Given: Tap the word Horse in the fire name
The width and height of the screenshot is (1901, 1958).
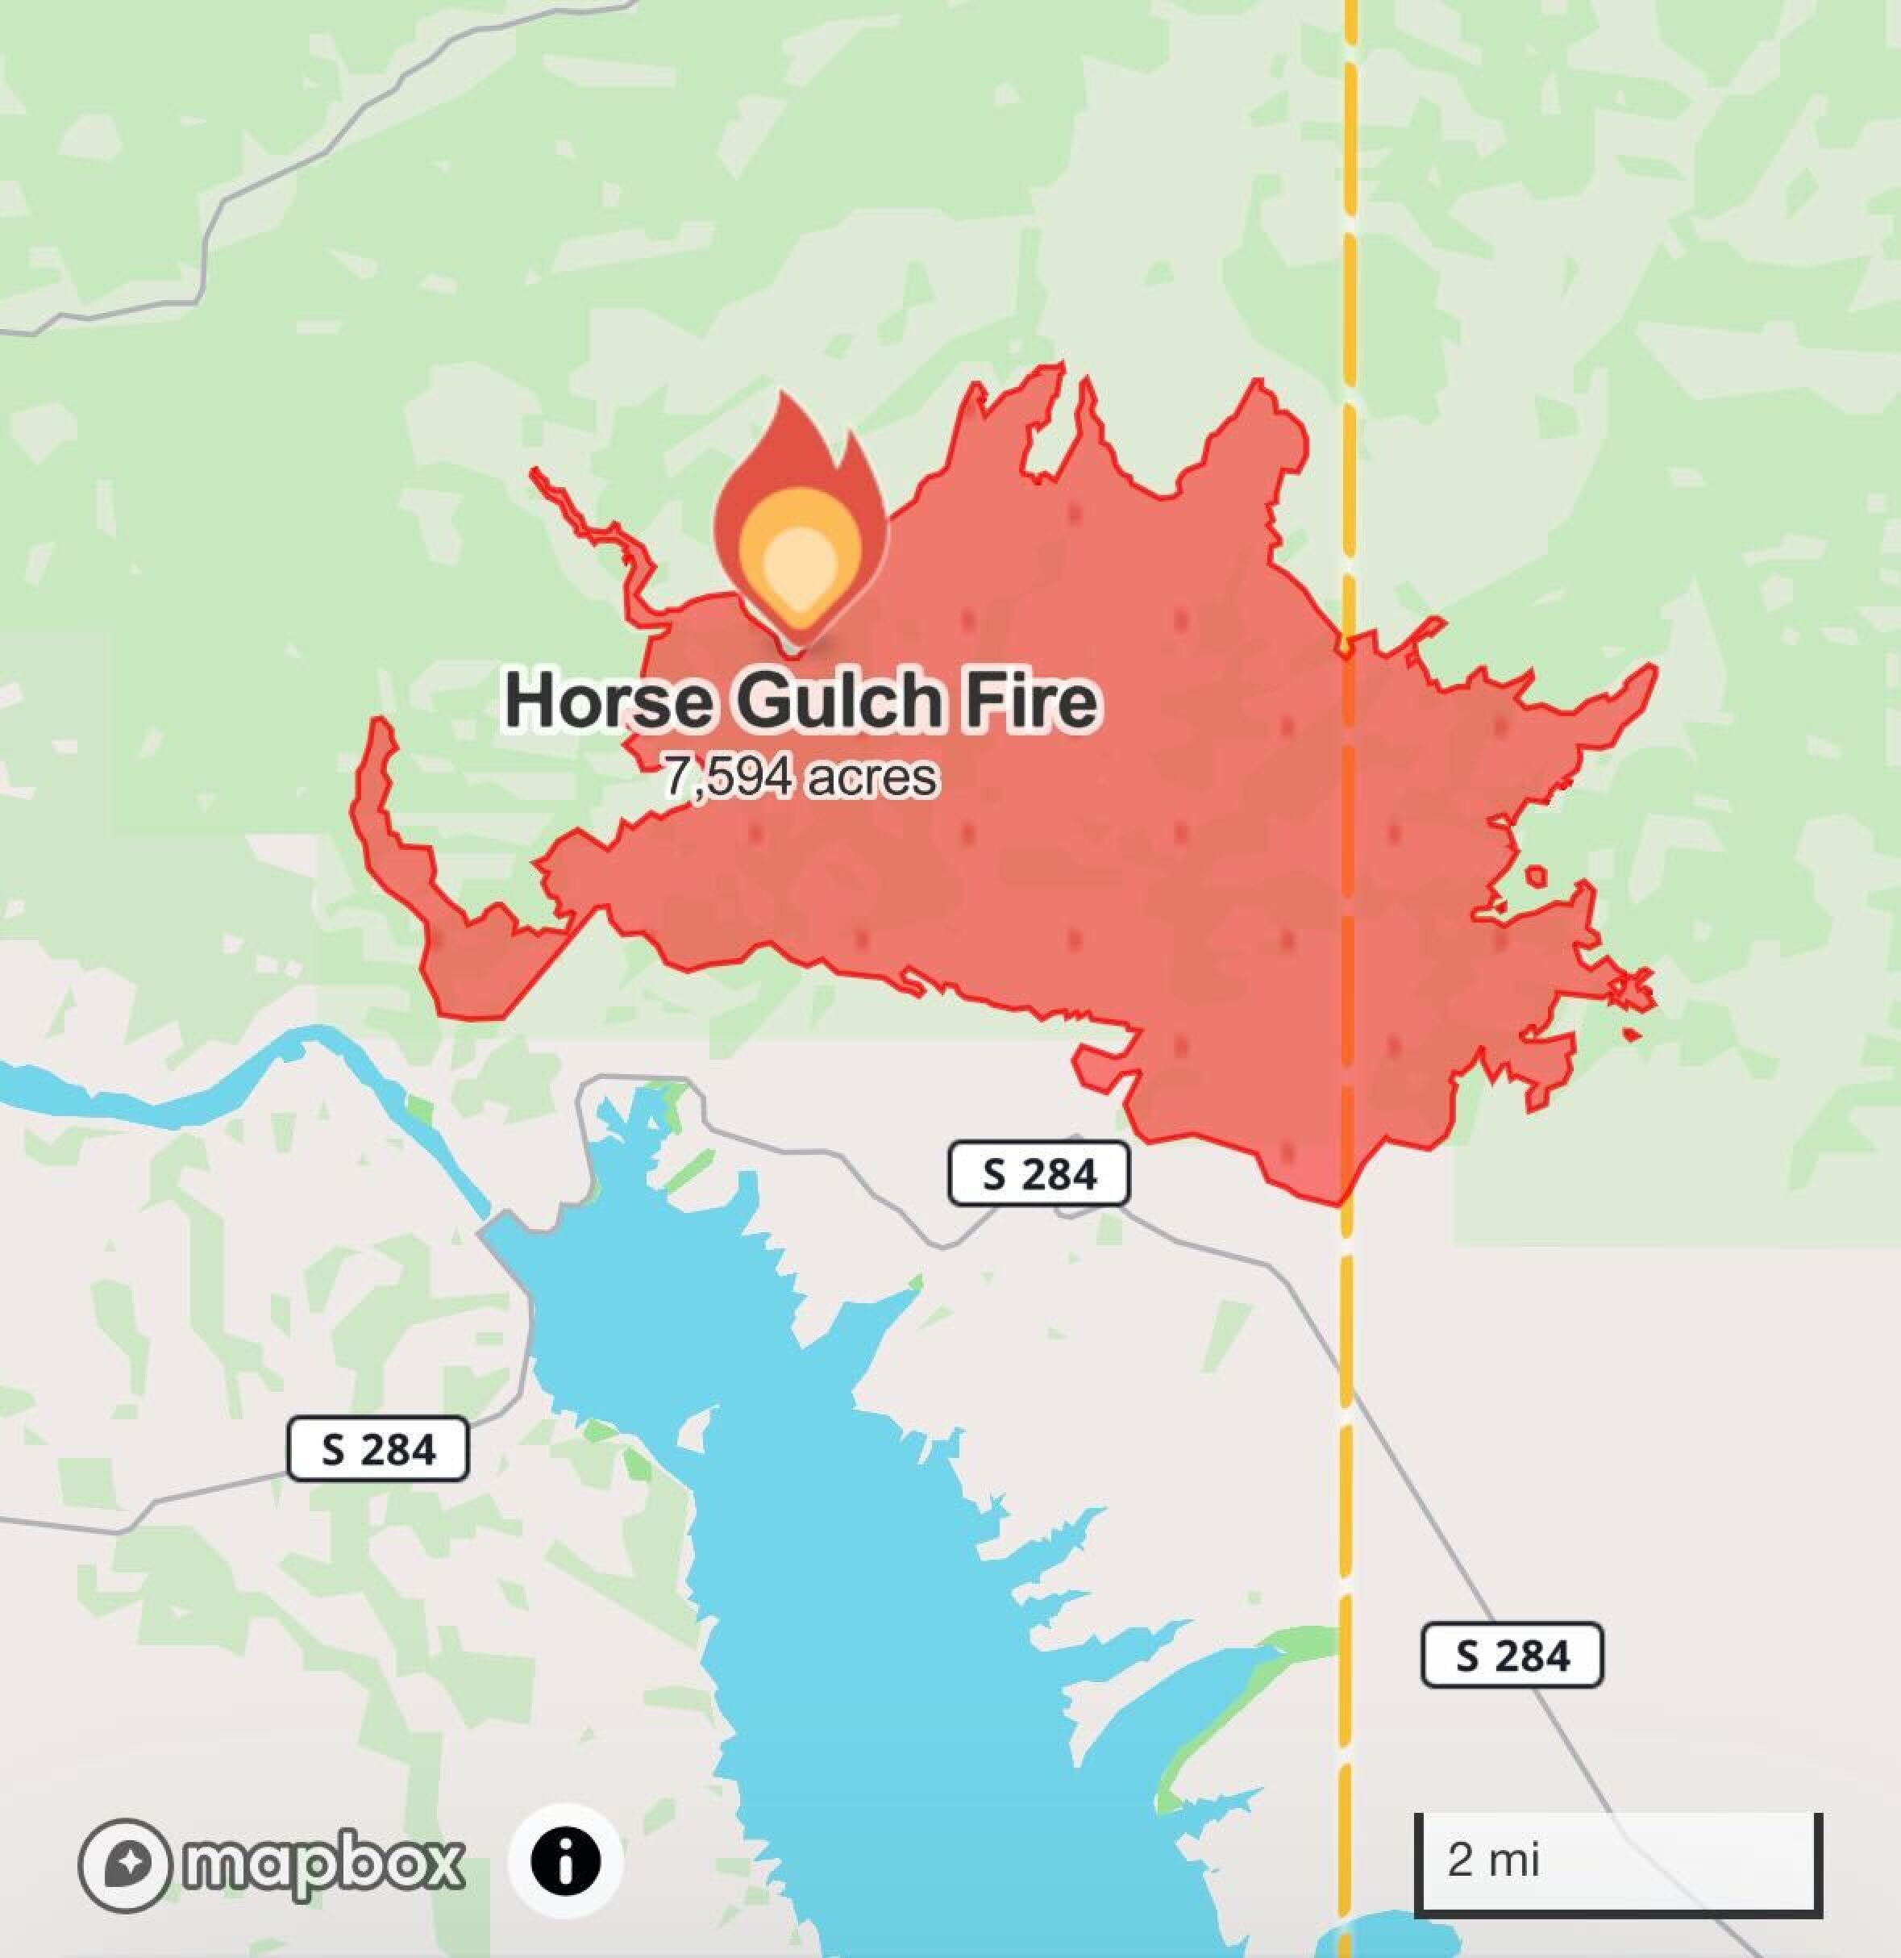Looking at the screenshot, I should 606,702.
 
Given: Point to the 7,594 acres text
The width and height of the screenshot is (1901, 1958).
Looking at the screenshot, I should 802,777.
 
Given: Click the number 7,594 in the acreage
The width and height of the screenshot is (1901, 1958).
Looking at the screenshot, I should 730,777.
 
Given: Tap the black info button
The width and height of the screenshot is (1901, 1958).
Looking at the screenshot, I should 565,1861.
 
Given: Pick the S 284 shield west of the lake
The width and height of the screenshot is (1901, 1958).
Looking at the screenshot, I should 377,1448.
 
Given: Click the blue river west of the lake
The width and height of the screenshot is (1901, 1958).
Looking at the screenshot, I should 250,1094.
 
